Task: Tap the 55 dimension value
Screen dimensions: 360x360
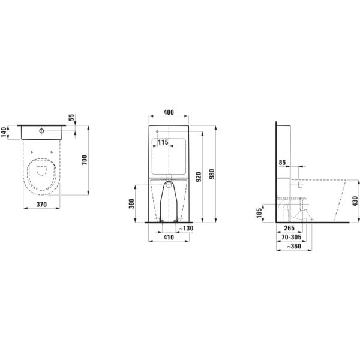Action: [73, 118]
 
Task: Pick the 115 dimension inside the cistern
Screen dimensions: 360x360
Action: [160, 143]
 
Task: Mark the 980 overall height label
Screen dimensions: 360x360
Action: [212, 173]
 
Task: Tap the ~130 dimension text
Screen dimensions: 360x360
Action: [185, 228]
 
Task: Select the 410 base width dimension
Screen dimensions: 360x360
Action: [169, 238]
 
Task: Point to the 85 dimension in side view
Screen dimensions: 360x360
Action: [282, 162]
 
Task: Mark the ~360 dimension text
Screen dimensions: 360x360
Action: [293, 247]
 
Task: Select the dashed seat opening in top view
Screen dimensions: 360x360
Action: [41, 171]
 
